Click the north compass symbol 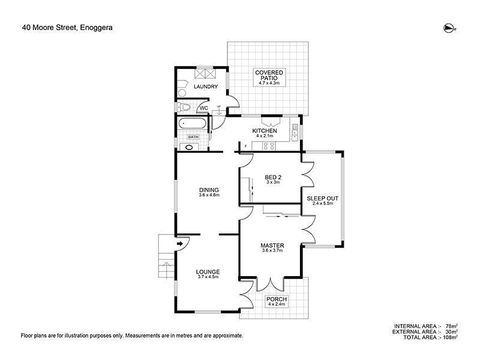pos(448,27)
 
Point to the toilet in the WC pos(185,107)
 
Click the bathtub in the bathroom pos(193,125)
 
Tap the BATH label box pos(193,137)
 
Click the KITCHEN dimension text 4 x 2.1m pos(265,136)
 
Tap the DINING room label pos(209,190)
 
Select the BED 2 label pos(273,177)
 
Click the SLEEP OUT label pos(322,197)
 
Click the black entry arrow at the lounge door pos(181,244)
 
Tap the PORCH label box pos(277,301)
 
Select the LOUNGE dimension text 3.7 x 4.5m pos(208,277)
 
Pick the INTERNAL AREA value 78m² pos(450,326)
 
